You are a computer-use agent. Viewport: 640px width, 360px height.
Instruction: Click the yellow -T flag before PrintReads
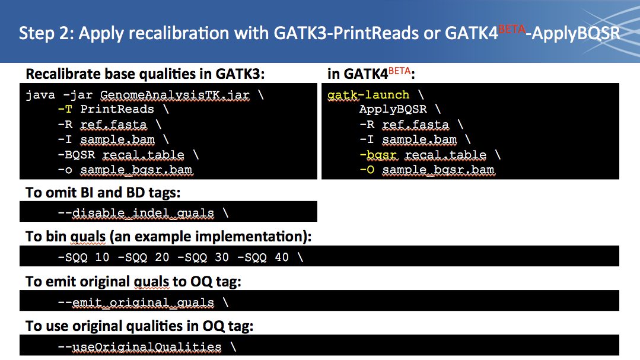coord(65,109)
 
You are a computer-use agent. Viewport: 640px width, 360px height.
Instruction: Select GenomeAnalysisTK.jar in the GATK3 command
coord(175,95)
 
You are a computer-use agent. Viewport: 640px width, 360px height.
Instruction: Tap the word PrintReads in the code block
coord(117,109)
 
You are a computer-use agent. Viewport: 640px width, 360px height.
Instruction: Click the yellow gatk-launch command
coord(368,95)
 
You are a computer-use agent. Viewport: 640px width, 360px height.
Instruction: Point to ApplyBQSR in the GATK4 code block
coord(393,109)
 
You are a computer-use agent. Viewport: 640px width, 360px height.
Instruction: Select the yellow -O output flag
coord(367,170)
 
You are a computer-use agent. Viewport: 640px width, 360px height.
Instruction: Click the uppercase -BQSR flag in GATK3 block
coord(77,155)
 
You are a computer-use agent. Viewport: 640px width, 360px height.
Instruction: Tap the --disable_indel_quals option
coord(136,213)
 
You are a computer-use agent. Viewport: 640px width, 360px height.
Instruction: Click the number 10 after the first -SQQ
coord(102,257)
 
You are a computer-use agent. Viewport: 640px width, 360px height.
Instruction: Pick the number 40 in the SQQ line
coord(282,257)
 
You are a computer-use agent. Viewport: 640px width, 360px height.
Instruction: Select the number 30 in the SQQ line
coord(222,257)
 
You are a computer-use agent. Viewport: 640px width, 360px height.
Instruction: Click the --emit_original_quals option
coord(136,302)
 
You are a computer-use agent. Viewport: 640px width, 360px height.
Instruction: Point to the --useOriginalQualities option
coord(139,347)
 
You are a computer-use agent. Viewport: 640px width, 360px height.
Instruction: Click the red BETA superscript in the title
coord(512,29)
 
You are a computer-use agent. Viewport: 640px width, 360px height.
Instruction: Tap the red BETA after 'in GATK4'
coord(399,71)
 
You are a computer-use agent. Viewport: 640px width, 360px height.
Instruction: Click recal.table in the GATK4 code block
coord(445,155)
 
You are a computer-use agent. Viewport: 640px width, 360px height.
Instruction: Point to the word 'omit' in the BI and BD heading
coord(59,193)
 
